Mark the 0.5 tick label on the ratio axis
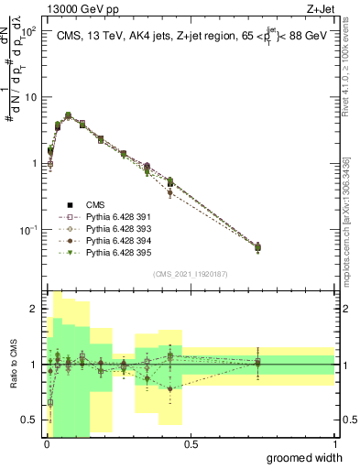coord(29,420)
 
